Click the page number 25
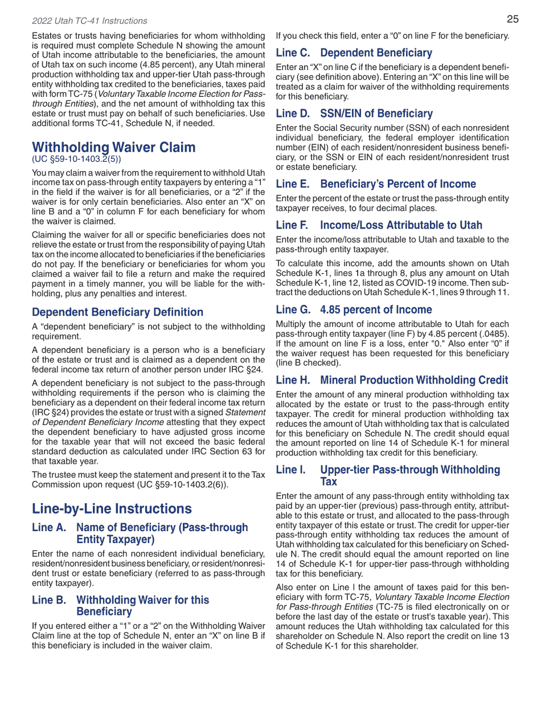pyautogui.click(x=513, y=19)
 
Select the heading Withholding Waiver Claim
pyautogui.click(x=113, y=148)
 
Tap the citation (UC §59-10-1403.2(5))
pyautogui.click(x=76, y=159)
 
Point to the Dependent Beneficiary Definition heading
pyautogui.click(x=117, y=312)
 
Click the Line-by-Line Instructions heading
pyautogui.click(x=112, y=508)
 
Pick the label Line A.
pyautogui.click(x=49, y=528)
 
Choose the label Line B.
pyautogui.click(x=49, y=600)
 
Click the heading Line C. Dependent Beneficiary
pyautogui.click(x=354, y=53)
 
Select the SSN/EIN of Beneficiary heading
pyautogui.click(x=376, y=113)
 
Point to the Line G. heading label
pyautogui.click(x=293, y=310)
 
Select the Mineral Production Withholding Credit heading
pyautogui.click(x=413, y=380)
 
